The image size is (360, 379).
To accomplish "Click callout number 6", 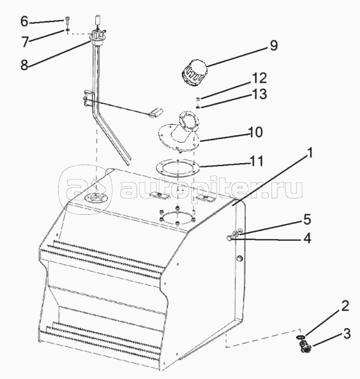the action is pos(24,21).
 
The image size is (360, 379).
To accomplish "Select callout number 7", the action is pos(25,42).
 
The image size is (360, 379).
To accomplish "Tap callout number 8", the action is pos(24,65).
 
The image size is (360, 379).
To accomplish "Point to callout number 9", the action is pos(274,45).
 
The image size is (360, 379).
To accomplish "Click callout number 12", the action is pos(259,78).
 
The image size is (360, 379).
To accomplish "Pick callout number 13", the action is pos(260,94).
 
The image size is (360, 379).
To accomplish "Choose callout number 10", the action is pos(255,132).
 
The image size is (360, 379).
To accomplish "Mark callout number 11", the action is pos(256,161).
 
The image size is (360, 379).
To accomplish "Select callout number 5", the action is pos(307,220).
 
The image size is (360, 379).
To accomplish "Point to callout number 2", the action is pos(345,306).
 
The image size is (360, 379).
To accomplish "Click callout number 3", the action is pos(346,334).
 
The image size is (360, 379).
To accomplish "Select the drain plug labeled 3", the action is pos(305,347).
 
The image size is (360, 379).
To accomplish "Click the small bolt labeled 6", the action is pos(67,20).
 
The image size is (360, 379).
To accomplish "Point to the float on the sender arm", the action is pos(156,113).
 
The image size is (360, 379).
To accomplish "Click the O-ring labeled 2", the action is pos(300,337).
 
